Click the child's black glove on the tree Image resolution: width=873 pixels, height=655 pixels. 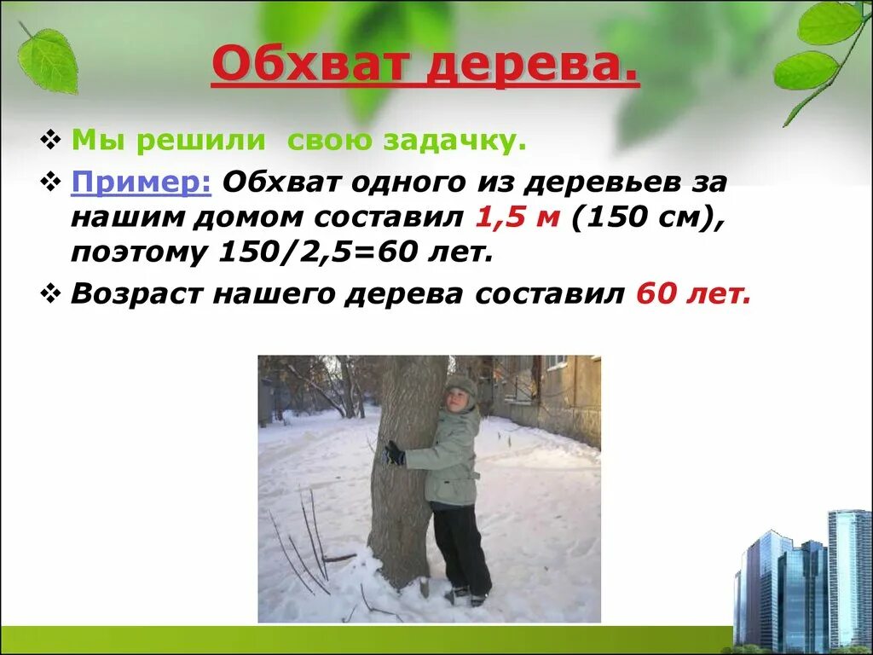(393, 453)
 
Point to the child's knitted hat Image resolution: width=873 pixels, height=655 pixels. (461, 383)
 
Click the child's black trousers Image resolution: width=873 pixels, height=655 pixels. (460, 546)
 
